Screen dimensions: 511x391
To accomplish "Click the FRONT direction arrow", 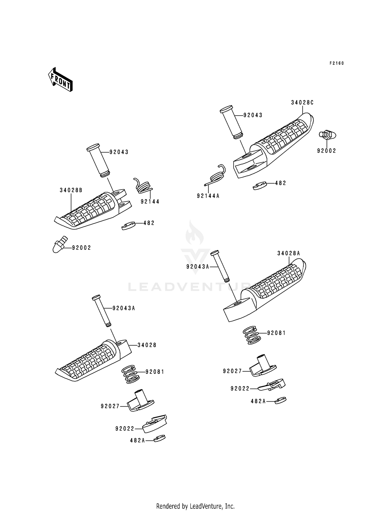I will [x=60, y=79].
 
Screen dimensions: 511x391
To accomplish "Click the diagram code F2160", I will [x=337, y=63].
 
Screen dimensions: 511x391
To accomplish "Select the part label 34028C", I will [x=302, y=103].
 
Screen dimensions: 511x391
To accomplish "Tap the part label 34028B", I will [x=71, y=190].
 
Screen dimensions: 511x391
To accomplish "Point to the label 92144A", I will [x=208, y=196].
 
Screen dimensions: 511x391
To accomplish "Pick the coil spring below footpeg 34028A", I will [x=252, y=335].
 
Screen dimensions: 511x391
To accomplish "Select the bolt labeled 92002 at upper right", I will [x=327, y=135].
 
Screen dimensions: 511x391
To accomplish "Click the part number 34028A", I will [x=289, y=253].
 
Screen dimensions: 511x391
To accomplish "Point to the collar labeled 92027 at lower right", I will [x=262, y=367].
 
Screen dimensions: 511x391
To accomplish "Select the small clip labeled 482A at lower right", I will [x=280, y=400].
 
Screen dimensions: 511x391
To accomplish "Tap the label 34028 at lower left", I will [x=147, y=345].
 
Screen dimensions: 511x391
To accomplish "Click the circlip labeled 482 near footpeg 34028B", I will [x=128, y=226].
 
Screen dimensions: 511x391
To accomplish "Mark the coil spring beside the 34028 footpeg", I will [x=130, y=374].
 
